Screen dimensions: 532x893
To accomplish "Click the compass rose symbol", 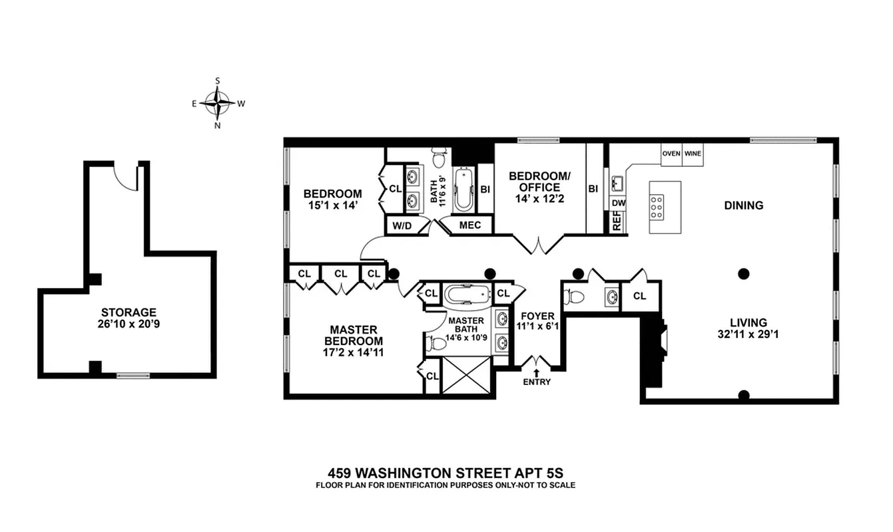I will [217, 102].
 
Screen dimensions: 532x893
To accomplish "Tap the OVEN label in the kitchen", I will [671, 154].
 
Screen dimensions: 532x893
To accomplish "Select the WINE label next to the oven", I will [693, 154].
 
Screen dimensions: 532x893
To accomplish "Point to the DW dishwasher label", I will [618, 203].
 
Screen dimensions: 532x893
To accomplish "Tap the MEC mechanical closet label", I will [470, 225].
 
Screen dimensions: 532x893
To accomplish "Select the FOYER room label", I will [537, 316].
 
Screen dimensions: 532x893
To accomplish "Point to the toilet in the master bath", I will [436, 344].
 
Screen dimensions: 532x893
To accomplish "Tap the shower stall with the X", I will [469, 376].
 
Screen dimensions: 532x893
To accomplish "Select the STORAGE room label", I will [129, 312].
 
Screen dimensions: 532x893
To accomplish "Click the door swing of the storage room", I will [125, 174].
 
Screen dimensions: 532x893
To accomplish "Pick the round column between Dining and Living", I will [744, 273].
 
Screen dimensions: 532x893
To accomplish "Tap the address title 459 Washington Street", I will [446, 473].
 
